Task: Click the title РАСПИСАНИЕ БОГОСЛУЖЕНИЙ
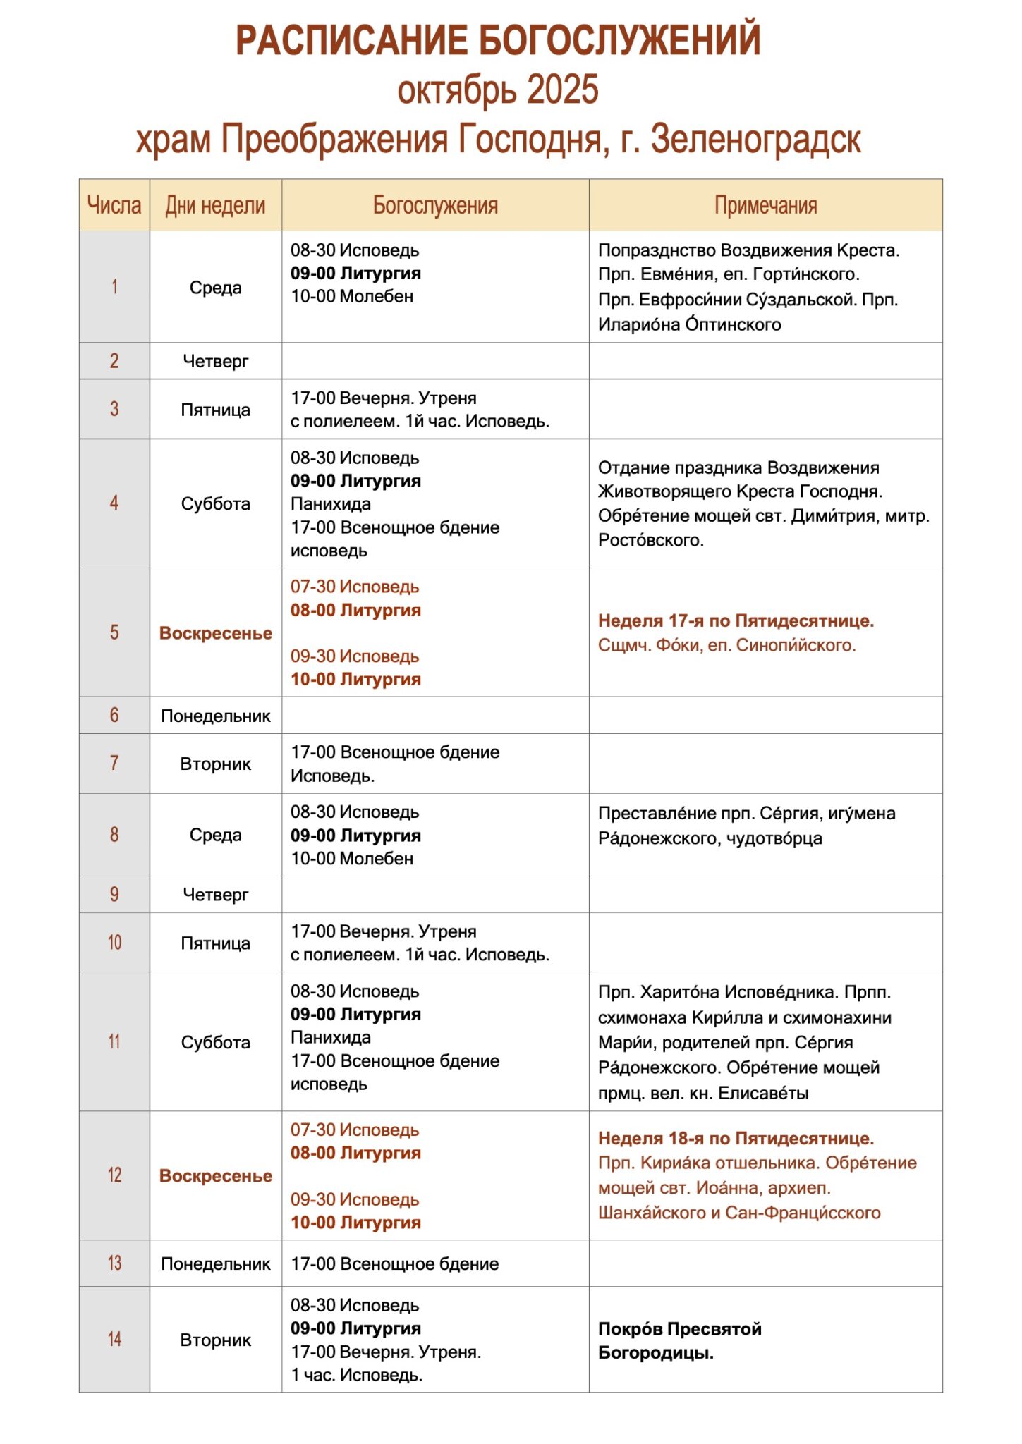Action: point(498,40)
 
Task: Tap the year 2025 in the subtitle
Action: point(562,90)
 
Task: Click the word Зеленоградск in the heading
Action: point(755,140)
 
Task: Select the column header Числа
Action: point(114,205)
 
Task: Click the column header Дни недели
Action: point(215,205)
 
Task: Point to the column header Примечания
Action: point(765,205)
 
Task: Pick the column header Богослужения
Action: point(435,205)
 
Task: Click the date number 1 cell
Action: point(114,287)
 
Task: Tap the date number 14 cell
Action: point(114,1339)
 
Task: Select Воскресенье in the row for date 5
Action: point(215,633)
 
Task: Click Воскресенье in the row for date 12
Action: point(215,1175)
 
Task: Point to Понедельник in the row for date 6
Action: point(215,716)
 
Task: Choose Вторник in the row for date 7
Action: point(215,764)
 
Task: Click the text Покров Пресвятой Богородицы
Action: point(679,1340)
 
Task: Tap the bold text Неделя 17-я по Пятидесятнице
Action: point(736,621)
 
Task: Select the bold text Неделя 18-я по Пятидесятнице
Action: point(736,1138)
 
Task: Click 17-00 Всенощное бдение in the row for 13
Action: point(395,1263)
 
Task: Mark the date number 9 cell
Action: point(114,894)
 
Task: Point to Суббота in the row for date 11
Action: point(215,1042)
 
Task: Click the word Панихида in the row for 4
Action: point(331,504)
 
